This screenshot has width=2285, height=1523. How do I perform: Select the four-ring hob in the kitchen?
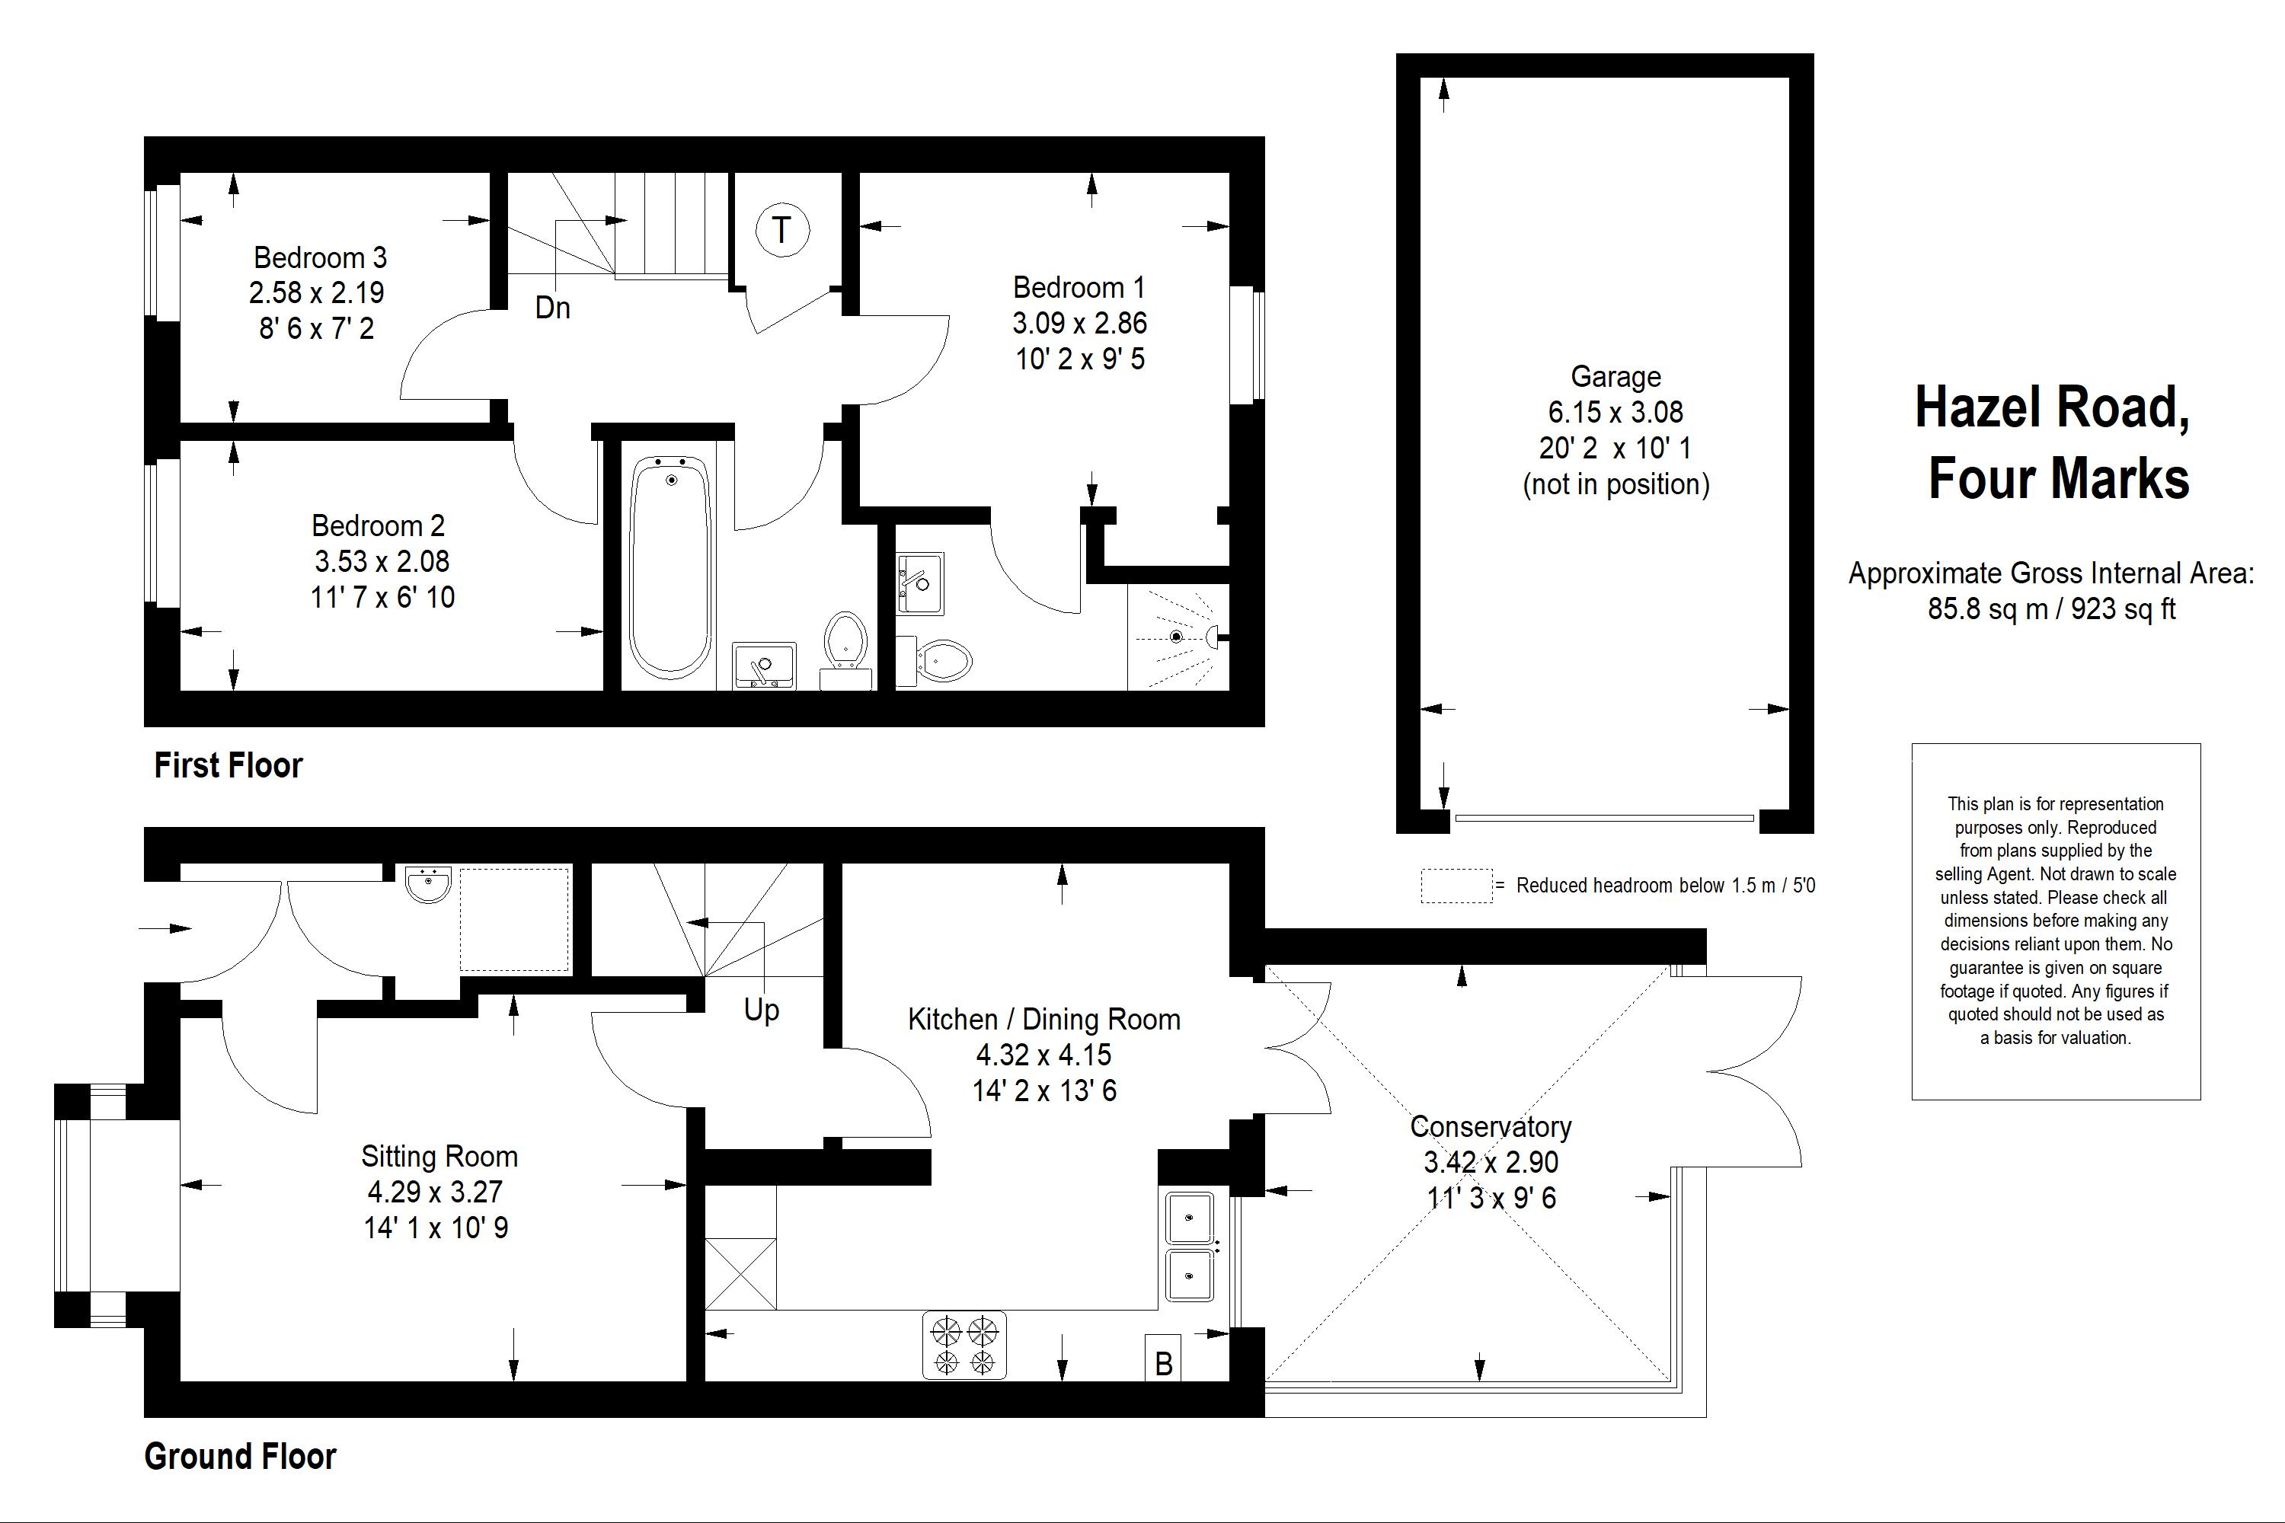click(964, 1346)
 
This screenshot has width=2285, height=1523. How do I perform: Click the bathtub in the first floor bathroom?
click(670, 568)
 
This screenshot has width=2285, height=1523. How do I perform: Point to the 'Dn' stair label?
click(551, 308)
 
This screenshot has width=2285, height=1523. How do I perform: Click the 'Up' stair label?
click(761, 1011)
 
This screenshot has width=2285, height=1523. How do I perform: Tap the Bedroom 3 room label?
click(320, 257)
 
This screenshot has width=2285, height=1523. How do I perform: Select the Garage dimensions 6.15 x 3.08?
click(1615, 412)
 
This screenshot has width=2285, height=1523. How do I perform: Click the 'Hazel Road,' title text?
click(2051, 408)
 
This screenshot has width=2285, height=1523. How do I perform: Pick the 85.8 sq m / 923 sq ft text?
click(2051, 609)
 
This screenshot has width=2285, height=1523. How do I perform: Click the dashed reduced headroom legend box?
click(1456, 886)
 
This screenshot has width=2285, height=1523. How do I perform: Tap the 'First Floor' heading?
click(228, 765)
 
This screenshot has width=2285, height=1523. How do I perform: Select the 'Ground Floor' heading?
click(240, 1456)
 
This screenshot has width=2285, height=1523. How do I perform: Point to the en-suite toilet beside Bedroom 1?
click(938, 660)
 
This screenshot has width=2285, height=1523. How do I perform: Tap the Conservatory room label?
click(1491, 1127)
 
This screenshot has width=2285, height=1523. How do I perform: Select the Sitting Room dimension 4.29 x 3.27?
click(434, 1192)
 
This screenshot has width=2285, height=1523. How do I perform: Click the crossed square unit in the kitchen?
click(740, 1272)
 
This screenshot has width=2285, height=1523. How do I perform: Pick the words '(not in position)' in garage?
click(1615, 484)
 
